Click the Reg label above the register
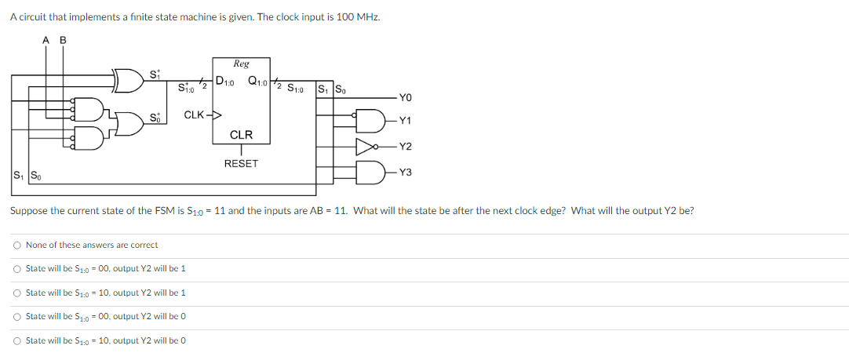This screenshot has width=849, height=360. [x=241, y=64]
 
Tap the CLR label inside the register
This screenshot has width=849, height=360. [x=241, y=136]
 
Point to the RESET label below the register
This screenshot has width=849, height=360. [x=241, y=163]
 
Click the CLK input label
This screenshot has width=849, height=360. [x=195, y=115]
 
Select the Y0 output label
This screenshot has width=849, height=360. [x=405, y=97]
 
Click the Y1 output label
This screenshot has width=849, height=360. [x=405, y=121]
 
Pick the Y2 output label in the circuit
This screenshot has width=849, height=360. [x=405, y=147]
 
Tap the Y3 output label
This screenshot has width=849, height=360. [x=405, y=172]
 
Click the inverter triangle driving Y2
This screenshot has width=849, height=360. [x=364, y=146]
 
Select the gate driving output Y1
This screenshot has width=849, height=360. [x=369, y=121]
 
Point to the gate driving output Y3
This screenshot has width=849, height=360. [x=369, y=171]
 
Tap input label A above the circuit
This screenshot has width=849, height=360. [x=46, y=40]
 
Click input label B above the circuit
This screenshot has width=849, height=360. [x=64, y=40]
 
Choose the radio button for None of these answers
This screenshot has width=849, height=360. [x=16, y=245]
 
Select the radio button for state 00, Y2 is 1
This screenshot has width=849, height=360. [x=16, y=269]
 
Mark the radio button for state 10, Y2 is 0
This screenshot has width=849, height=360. [x=16, y=340]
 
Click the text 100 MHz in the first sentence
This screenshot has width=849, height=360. [x=357, y=17]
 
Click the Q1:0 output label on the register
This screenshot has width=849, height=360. [x=257, y=79]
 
